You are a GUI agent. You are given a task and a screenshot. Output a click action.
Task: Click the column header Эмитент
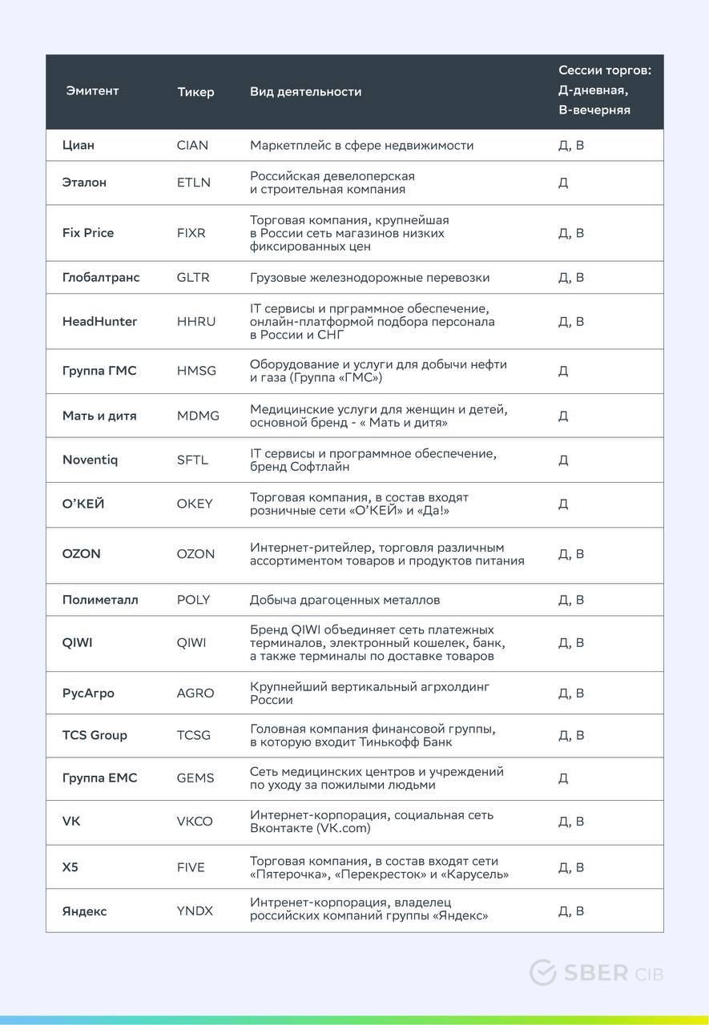coord(92,91)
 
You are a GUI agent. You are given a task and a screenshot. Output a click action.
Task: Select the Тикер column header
coord(195,92)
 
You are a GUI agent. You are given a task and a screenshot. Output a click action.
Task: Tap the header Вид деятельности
coord(305,92)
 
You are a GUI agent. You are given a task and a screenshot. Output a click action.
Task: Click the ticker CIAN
coord(192,146)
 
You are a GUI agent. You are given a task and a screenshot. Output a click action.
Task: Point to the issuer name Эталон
coord(84,183)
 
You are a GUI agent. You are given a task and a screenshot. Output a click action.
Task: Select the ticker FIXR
coord(191,233)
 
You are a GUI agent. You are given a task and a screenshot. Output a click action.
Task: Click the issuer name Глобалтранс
coord(101,278)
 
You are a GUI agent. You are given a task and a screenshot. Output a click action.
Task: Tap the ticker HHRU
coord(195,322)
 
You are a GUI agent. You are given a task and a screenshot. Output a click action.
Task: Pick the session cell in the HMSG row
coord(563,372)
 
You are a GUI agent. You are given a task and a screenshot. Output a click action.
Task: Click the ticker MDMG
coord(198,416)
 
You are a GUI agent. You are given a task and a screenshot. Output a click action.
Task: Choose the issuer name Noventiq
coord(90,460)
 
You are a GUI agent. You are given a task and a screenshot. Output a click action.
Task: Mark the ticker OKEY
coord(195,504)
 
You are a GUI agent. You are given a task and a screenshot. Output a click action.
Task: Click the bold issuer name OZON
coord(82,554)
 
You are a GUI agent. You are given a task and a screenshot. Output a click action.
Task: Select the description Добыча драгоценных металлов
coord(344,600)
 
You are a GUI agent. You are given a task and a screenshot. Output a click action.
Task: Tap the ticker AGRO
coord(195,693)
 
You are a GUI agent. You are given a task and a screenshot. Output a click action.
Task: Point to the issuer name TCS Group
coord(95,735)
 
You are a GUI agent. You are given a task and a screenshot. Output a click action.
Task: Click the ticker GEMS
coord(195,778)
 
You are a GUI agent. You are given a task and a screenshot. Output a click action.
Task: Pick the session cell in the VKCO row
coord(571,822)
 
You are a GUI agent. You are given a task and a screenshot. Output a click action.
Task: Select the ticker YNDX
coord(195,911)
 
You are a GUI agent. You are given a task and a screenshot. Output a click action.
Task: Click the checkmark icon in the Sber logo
coord(542,973)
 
